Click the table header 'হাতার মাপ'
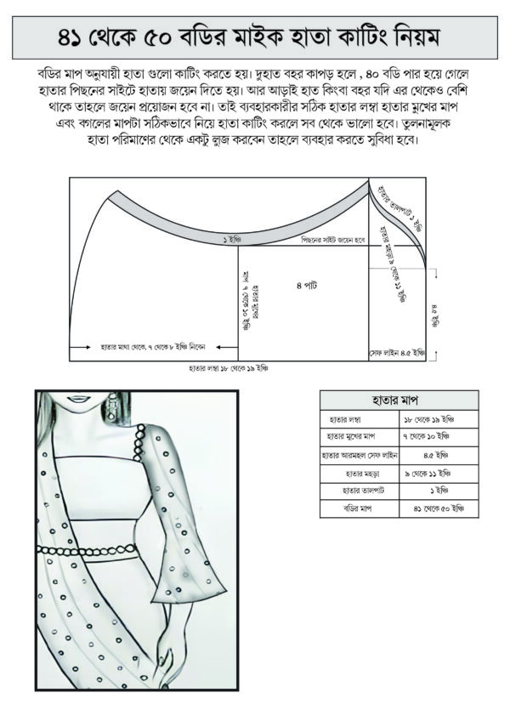(x=398, y=400)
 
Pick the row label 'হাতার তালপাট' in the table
(x=358, y=491)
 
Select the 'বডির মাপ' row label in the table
(x=358, y=509)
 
